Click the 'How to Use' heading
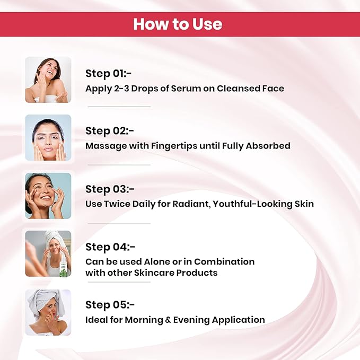pos(178,24)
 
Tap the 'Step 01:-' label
pos(108,74)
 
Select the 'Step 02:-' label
pos(110,131)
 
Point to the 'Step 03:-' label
pos(110,189)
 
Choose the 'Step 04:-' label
pos(110,247)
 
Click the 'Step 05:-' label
pos(110,305)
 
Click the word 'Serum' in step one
pos(186,89)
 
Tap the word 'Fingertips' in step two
pos(174,146)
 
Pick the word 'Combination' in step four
pos(224,262)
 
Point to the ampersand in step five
pos(168,320)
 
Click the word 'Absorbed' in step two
pos(268,146)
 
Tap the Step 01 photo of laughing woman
pos(48,80)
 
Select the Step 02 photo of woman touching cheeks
pos(48,137)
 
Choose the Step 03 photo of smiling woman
pos(48,196)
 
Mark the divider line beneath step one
pos(119,107)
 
